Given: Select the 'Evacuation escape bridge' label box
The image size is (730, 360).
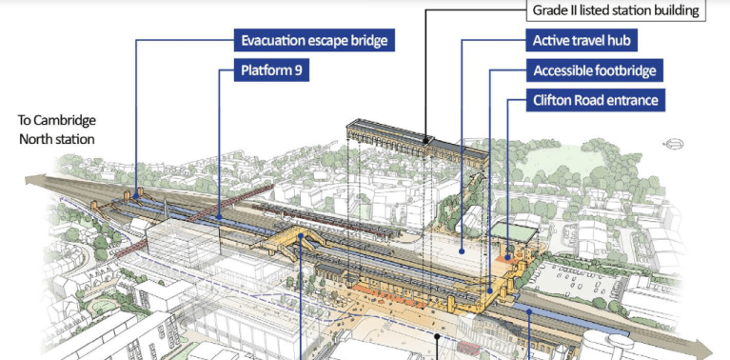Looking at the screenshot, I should pos(314,41).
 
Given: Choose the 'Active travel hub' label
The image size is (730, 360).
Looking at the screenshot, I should pos(583,41).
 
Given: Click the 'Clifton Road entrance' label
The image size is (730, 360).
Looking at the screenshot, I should pos(596,100).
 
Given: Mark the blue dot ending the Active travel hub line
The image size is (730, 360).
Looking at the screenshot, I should pos(462,251).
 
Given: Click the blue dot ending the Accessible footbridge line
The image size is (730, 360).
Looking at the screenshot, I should pos(490,291).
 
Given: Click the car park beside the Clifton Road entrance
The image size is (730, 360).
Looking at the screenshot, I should pos(581,276).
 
